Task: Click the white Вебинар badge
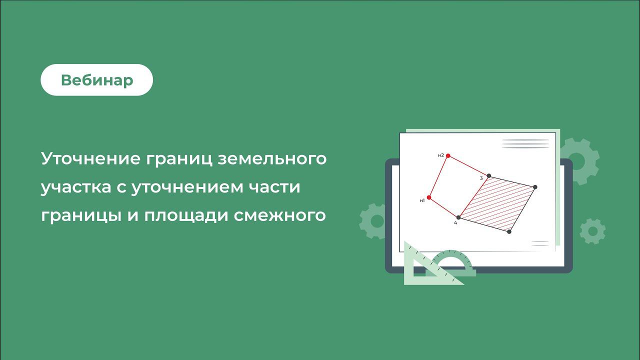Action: [x=96, y=80]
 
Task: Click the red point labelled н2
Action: [x=448, y=156]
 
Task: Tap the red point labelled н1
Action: [x=429, y=197]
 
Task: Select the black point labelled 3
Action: [x=488, y=176]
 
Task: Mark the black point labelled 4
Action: [x=458, y=217]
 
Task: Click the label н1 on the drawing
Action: [x=422, y=201]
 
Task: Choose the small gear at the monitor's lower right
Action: [x=592, y=231]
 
